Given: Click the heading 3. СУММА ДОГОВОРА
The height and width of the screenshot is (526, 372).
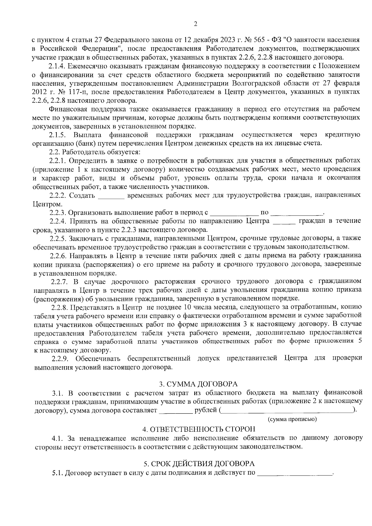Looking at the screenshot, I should coord(198,384).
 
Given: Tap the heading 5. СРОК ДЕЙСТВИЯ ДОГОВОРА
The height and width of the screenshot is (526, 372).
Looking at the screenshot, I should coord(199,464).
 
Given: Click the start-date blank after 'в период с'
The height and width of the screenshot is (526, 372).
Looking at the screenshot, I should coord(234,213).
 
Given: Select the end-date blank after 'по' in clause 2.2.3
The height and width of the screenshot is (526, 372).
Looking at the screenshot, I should coord(297,213).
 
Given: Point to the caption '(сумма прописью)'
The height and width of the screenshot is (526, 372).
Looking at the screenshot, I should coord(292,419).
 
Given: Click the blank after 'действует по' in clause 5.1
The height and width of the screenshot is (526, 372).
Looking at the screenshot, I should coord(294,473).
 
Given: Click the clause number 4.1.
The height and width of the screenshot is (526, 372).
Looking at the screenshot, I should coord(58,438).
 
